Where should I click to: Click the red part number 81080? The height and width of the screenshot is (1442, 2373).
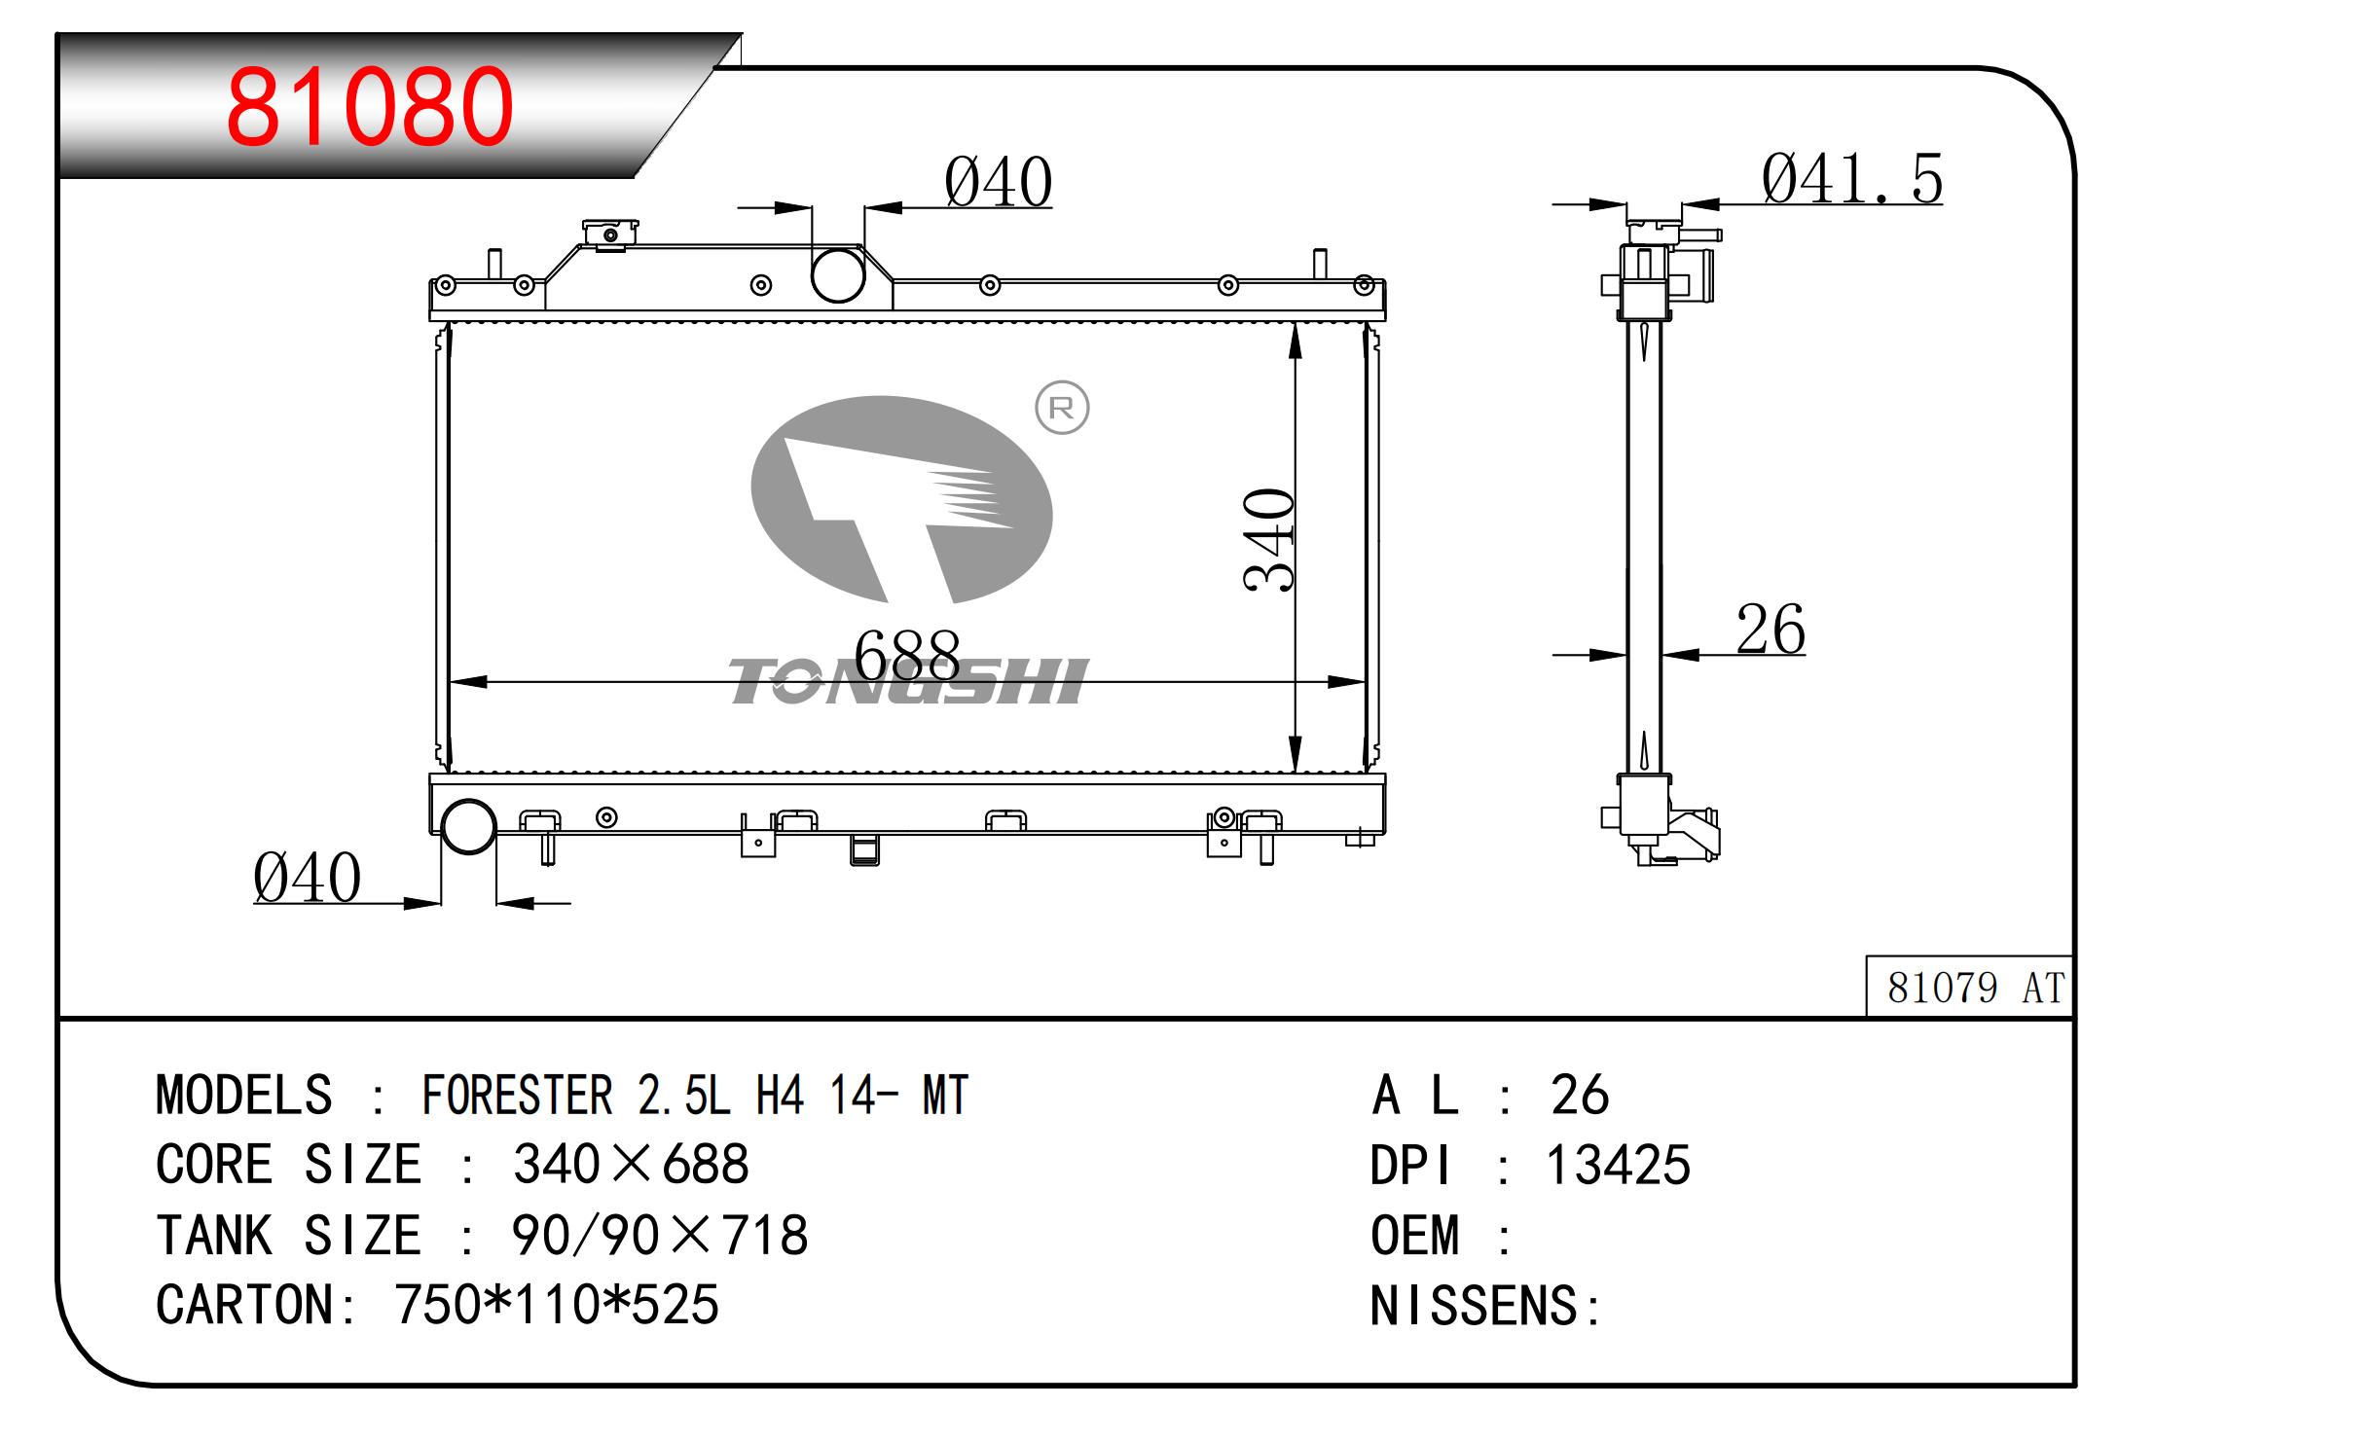pos(369,106)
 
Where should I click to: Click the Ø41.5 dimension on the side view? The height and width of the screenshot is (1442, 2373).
pos(1851,179)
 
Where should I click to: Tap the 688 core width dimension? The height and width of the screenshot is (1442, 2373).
pos(906,655)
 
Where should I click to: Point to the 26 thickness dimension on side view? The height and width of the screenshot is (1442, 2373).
pos(1770,630)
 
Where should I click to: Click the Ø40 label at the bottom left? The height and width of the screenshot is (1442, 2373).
pos(307,878)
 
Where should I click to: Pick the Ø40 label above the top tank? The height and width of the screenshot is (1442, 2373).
pos(998,182)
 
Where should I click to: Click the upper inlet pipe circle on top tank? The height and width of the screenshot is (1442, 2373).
pos(838,275)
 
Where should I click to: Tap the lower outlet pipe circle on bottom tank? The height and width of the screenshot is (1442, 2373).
pos(468,826)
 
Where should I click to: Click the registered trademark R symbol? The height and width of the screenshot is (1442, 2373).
pos(1061,408)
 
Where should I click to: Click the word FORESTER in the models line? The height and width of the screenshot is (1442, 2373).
pos(517,1096)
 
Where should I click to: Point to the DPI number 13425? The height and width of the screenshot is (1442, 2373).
pos(1618,1165)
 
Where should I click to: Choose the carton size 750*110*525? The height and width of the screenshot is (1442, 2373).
pos(556,1305)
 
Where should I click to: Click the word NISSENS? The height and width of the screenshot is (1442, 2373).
pos(1474,1306)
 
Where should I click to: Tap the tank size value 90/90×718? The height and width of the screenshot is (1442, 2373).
pos(659,1235)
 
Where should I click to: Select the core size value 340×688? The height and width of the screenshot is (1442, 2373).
pos(631,1164)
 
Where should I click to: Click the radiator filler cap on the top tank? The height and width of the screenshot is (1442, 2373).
pos(610,234)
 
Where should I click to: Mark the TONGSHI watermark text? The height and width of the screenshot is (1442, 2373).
pos(908,681)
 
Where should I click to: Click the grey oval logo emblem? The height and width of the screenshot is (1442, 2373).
pos(901,499)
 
